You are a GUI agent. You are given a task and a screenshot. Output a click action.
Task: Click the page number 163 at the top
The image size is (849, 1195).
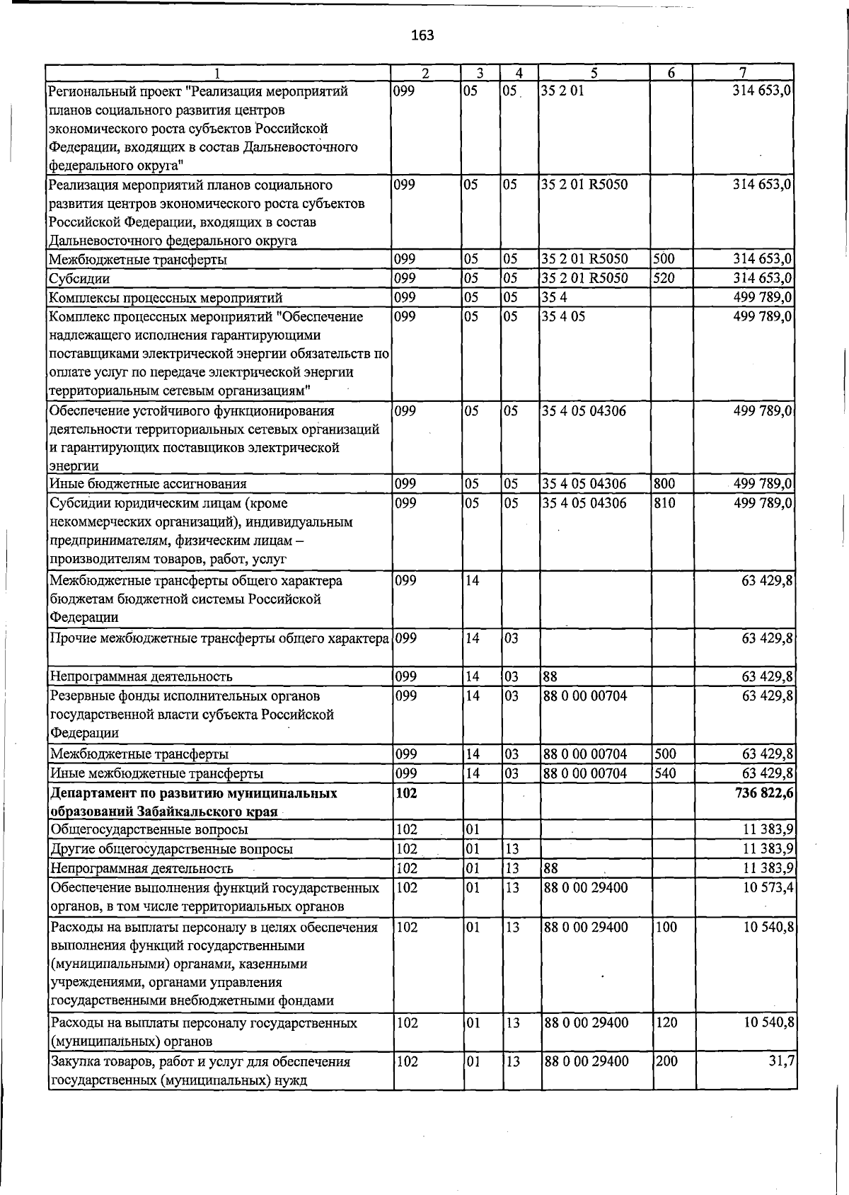pyautogui.click(x=422, y=35)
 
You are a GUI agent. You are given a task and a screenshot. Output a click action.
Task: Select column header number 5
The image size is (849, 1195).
pyautogui.click(x=594, y=73)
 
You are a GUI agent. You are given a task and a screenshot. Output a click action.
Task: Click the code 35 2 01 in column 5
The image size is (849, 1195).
pyautogui.click(x=563, y=91)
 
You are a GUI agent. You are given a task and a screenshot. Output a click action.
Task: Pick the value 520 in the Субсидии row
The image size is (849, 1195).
pyautogui.click(x=664, y=278)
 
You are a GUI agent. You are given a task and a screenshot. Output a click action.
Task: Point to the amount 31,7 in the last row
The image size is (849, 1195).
pyautogui.click(x=780, y=1061)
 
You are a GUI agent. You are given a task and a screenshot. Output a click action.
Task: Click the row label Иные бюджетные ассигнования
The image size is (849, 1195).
pyautogui.click(x=148, y=484)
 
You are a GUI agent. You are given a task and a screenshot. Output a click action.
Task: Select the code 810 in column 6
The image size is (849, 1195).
pyautogui.click(x=665, y=503)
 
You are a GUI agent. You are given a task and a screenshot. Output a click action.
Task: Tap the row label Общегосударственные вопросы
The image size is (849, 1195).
pyautogui.click(x=149, y=829)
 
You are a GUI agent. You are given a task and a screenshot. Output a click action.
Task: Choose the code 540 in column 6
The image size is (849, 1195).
pyautogui.click(x=665, y=773)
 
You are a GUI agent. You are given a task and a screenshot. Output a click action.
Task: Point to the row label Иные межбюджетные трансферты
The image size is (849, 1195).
pyautogui.click(x=156, y=773)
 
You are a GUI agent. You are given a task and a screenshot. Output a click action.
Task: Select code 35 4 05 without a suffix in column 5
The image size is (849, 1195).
pyautogui.click(x=564, y=316)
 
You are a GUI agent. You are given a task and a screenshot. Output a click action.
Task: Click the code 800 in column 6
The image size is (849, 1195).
pyautogui.click(x=665, y=484)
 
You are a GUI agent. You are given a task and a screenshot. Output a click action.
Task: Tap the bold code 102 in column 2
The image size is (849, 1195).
pyautogui.click(x=407, y=793)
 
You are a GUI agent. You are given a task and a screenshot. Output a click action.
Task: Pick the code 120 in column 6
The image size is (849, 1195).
pyautogui.click(x=666, y=1022)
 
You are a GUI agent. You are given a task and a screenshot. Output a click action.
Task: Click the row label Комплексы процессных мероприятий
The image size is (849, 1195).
pyautogui.click(x=166, y=297)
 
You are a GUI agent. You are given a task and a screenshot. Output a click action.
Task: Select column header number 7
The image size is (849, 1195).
pyautogui.click(x=742, y=73)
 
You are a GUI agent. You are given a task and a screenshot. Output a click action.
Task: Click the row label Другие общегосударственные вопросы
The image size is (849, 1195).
pyautogui.click(x=171, y=848)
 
